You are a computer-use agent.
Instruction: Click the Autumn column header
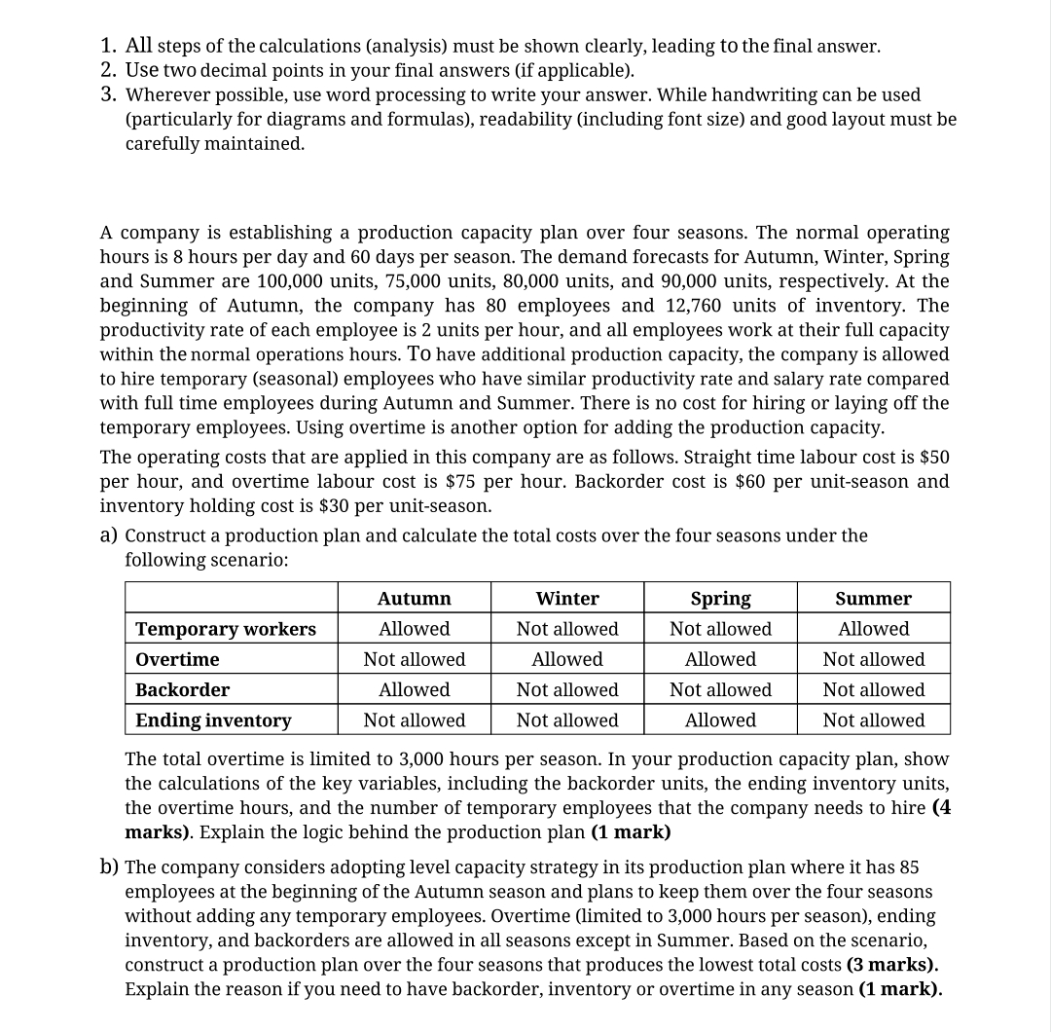pyautogui.click(x=414, y=598)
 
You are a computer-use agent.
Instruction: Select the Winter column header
pyautogui.click(x=567, y=598)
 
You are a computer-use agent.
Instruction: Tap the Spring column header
pyautogui.click(x=720, y=598)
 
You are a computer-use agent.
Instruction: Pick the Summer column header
pyautogui.click(x=873, y=598)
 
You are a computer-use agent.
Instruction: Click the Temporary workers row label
pyautogui.click(x=226, y=629)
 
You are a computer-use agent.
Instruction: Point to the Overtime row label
pyautogui.click(x=177, y=659)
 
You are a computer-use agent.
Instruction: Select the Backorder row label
pyautogui.click(x=182, y=689)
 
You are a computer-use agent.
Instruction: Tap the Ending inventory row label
pyautogui.click(x=213, y=720)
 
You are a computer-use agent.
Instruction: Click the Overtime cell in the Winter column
pyautogui.click(x=567, y=659)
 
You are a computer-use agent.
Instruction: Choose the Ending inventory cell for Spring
pyautogui.click(x=720, y=720)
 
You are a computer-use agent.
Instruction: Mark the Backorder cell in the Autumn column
pyautogui.click(x=414, y=689)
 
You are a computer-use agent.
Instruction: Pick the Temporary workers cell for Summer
pyautogui.click(x=873, y=629)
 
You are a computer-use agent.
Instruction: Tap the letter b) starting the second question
pyautogui.click(x=110, y=866)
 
